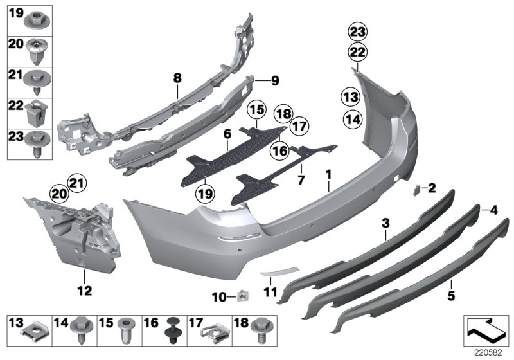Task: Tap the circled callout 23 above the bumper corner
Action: point(357,30)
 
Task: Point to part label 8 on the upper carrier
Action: point(177,79)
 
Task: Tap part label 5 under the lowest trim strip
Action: point(451,296)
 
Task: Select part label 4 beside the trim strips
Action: point(493,210)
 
